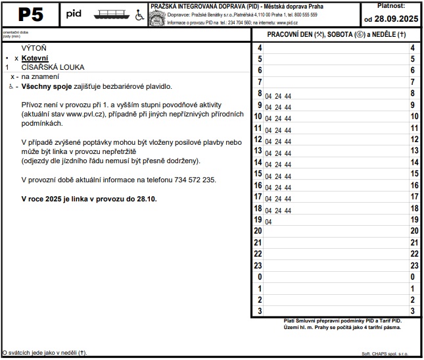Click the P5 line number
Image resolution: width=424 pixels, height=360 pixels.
point(31,14)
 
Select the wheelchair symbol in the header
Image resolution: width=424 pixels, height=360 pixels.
point(139,15)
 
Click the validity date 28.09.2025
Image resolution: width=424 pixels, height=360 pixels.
point(395,18)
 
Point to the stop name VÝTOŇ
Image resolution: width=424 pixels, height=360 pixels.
point(34,48)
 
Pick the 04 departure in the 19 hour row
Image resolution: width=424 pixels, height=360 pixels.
point(268,222)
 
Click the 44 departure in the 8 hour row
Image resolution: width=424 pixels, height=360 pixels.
point(288,96)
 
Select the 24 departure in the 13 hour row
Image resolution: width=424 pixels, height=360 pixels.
point(278,151)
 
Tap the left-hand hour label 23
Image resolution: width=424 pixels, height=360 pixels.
point(258,265)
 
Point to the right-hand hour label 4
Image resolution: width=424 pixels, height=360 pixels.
point(412,48)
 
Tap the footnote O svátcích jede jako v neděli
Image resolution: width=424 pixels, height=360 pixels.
point(45,353)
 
